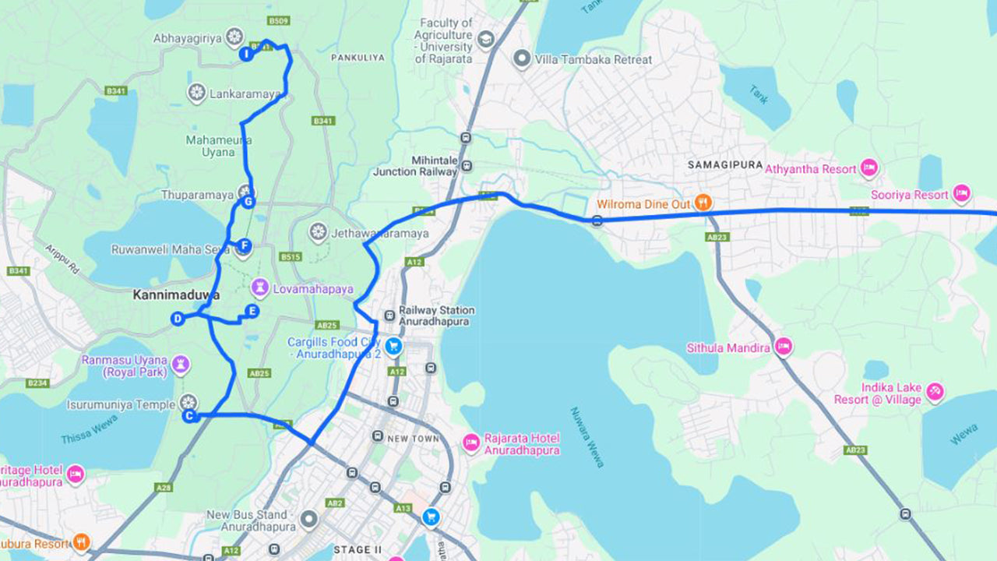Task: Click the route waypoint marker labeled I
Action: click(x=245, y=54)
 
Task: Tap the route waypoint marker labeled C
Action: click(x=188, y=416)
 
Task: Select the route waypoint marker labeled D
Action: click(x=178, y=318)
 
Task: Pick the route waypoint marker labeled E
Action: click(x=251, y=311)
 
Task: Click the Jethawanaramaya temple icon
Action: click(x=317, y=232)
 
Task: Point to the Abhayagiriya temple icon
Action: click(x=234, y=37)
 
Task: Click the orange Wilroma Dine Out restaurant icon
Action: click(x=703, y=203)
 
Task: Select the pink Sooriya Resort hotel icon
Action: click(x=962, y=193)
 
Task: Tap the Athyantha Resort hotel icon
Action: click(x=869, y=168)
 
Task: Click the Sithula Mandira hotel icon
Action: click(x=784, y=347)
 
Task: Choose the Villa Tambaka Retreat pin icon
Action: click(x=522, y=59)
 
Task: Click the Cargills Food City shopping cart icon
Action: click(x=394, y=346)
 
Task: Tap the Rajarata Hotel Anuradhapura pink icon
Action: click(x=471, y=443)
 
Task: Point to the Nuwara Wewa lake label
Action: click(x=587, y=437)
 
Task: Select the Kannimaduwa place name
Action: click(x=176, y=295)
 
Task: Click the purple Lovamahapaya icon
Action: click(x=259, y=288)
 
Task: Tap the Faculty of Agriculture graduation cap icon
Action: click(x=486, y=39)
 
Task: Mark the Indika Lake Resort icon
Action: click(x=935, y=392)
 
